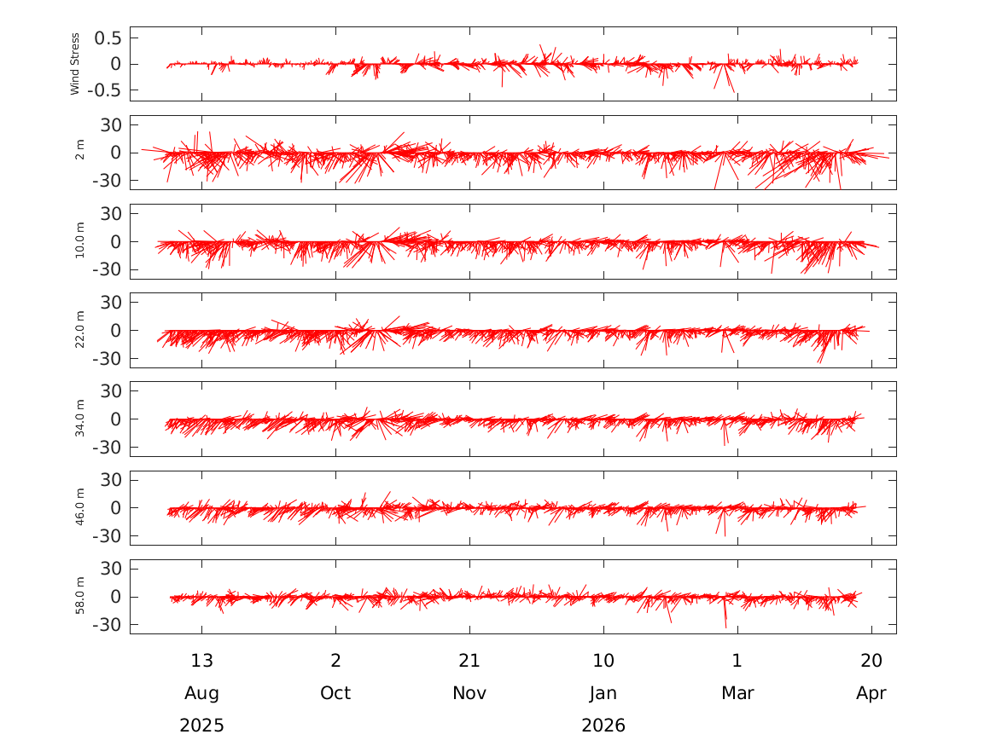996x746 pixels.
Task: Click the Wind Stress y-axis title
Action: [75, 64]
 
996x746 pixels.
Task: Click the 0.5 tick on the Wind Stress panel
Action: [108, 38]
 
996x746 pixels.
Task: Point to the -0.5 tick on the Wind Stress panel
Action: [105, 90]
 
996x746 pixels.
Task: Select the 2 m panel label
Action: [80, 153]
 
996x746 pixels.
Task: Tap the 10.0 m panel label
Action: [80, 241]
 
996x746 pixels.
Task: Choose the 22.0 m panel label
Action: [80, 330]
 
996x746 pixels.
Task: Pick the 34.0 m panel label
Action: [80, 419]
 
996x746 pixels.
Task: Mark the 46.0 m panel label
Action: [80, 507]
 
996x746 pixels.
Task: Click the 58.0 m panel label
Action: [80, 596]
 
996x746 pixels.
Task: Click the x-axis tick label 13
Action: [202, 661]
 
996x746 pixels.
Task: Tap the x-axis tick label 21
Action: [469, 661]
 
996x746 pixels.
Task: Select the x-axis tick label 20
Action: [871, 661]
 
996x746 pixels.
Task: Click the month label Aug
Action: [202, 693]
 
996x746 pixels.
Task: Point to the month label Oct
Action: [335, 693]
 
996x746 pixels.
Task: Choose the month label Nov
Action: [469, 693]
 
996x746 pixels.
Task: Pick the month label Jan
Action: [603, 693]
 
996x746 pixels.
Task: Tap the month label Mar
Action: [737, 693]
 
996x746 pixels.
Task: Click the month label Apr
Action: [871, 693]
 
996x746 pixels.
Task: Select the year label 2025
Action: [202, 726]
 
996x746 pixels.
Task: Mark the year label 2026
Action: [603, 726]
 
